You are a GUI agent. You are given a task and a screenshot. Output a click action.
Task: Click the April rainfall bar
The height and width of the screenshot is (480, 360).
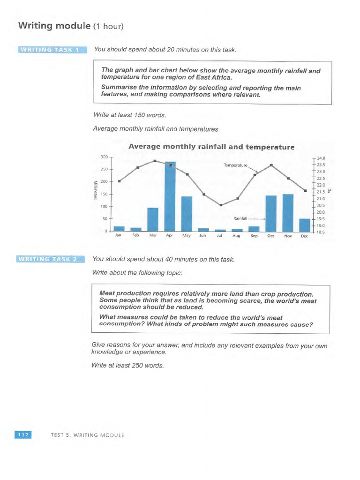[x=170, y=196]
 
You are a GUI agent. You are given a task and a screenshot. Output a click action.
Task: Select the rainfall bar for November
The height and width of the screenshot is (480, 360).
[x=288, y=213]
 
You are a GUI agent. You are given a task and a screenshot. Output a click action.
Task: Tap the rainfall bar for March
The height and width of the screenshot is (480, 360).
[x=153, y=219]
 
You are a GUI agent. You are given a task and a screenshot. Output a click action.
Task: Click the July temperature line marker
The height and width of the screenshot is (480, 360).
[x=221, y=205]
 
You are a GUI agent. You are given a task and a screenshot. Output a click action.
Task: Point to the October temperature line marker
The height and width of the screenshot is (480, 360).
[x=271, y=165]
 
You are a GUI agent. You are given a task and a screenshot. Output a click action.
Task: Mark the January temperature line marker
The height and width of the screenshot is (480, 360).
[x=120, y=181]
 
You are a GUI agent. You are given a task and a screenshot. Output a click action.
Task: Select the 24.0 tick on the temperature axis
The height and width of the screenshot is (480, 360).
[x=321, y=158]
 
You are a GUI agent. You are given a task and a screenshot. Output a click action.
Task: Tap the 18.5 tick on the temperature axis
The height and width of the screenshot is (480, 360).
[x=321, y=232]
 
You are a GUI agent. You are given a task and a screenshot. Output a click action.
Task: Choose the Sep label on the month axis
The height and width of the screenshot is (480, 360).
[x=254, y=236]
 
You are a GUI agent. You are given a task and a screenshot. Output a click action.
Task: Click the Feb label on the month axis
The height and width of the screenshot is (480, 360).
[x=135, y=236]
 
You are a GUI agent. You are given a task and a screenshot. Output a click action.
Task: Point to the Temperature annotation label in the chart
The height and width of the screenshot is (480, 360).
[x=235, y=165]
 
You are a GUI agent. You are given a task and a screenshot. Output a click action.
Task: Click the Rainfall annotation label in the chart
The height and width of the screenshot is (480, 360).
[x=240, y=218]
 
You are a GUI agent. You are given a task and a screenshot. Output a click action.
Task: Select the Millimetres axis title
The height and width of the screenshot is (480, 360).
[x=95, y=190]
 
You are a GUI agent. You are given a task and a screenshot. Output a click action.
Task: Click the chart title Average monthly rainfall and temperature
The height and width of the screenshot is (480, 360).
[x=211, y=147]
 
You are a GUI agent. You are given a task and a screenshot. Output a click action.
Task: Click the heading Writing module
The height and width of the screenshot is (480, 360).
[x=53, y=26]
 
